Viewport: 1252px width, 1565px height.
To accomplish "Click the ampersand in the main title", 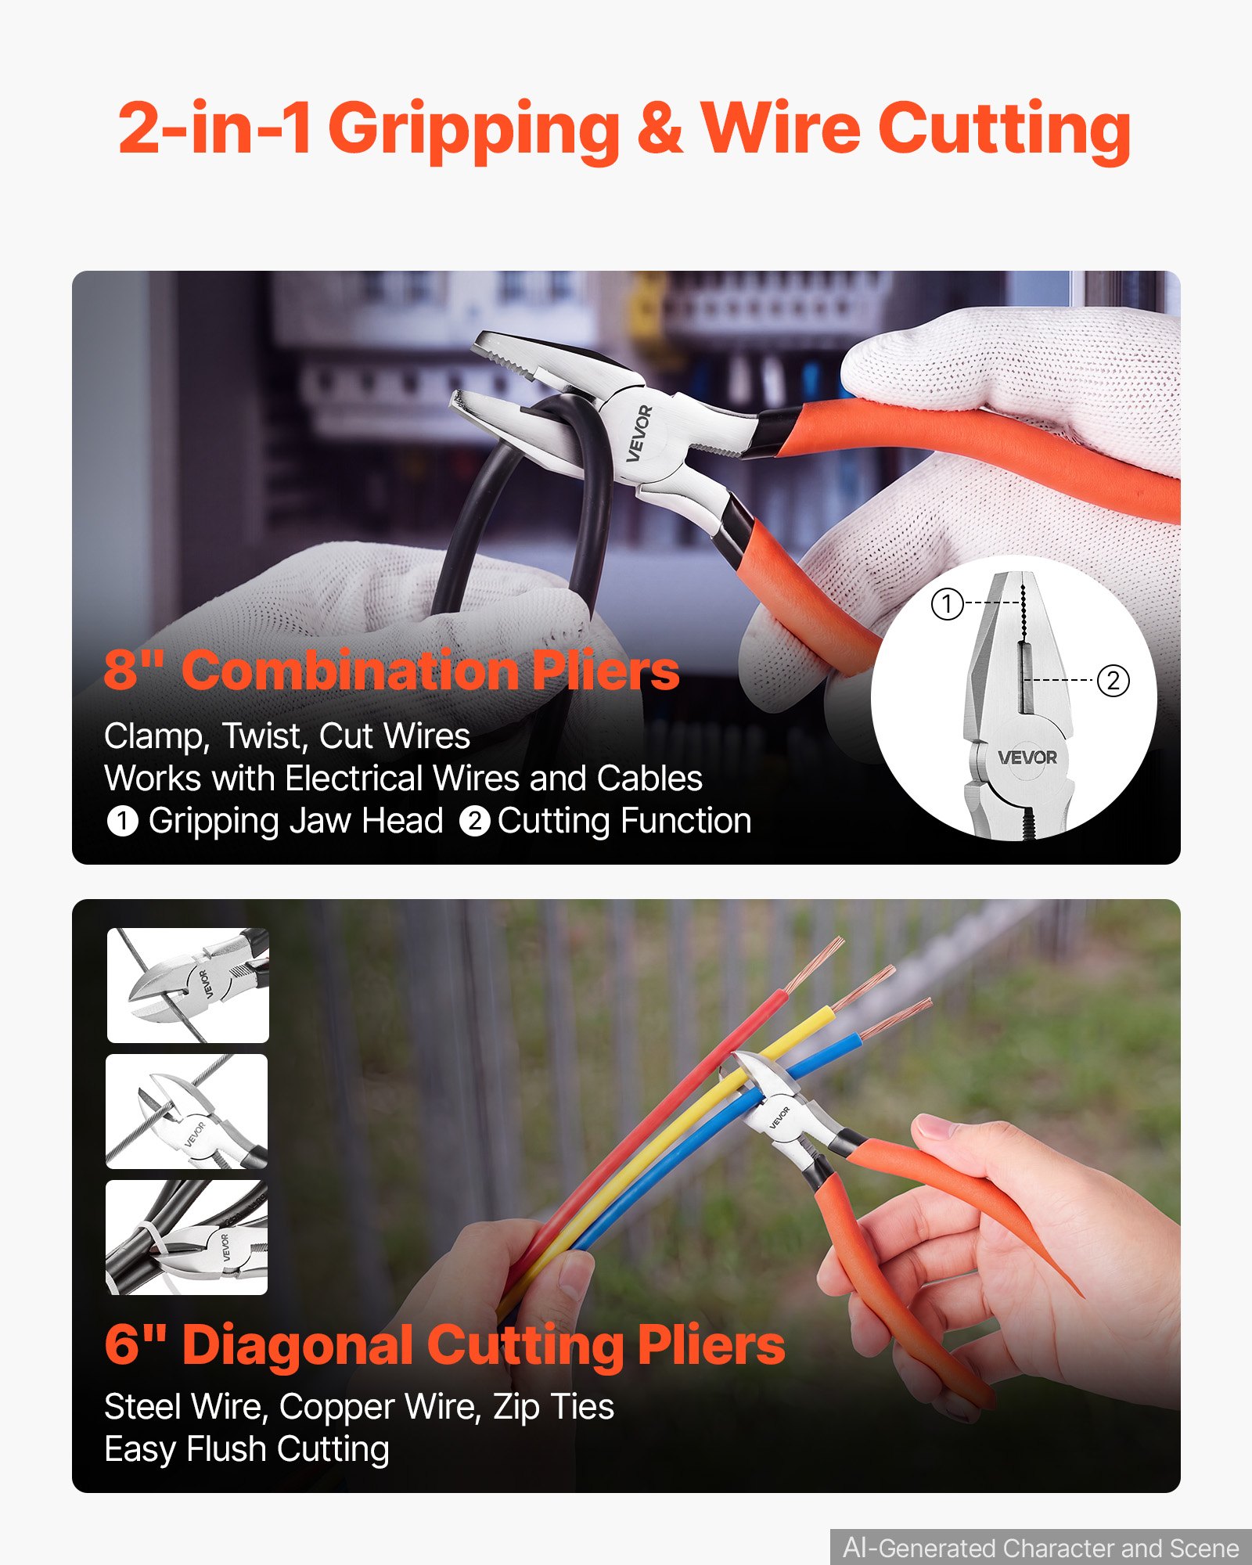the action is (x=659, y=128).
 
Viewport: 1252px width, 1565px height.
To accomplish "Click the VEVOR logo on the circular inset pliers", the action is (x=1027, y=757).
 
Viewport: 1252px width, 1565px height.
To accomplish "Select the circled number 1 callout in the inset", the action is (x=947, y=604).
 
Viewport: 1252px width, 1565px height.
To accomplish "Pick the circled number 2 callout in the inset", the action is (x=1113, y=680).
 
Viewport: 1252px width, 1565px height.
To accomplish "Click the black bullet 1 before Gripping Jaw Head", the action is (x=122, y=822).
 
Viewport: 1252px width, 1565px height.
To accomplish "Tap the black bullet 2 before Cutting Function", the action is (x=474, y=822).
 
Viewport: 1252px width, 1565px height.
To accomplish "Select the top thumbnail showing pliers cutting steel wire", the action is (x=188, y=985).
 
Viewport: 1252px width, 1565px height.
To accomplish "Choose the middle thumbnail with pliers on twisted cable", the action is (x=187, y=1111).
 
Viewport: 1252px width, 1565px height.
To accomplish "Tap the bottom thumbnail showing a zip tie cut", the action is (x=187, y=1237).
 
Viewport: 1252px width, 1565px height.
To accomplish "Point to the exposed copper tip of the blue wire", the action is (x=898, y=1017).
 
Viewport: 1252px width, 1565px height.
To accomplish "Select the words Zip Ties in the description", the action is (x=553, y=1407).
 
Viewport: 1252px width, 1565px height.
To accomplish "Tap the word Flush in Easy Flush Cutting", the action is (x=227, y=1449).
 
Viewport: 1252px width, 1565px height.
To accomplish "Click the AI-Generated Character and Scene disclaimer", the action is (x=1041, y=1548).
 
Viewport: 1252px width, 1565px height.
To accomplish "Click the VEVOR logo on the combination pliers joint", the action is (x=640, y=433).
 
